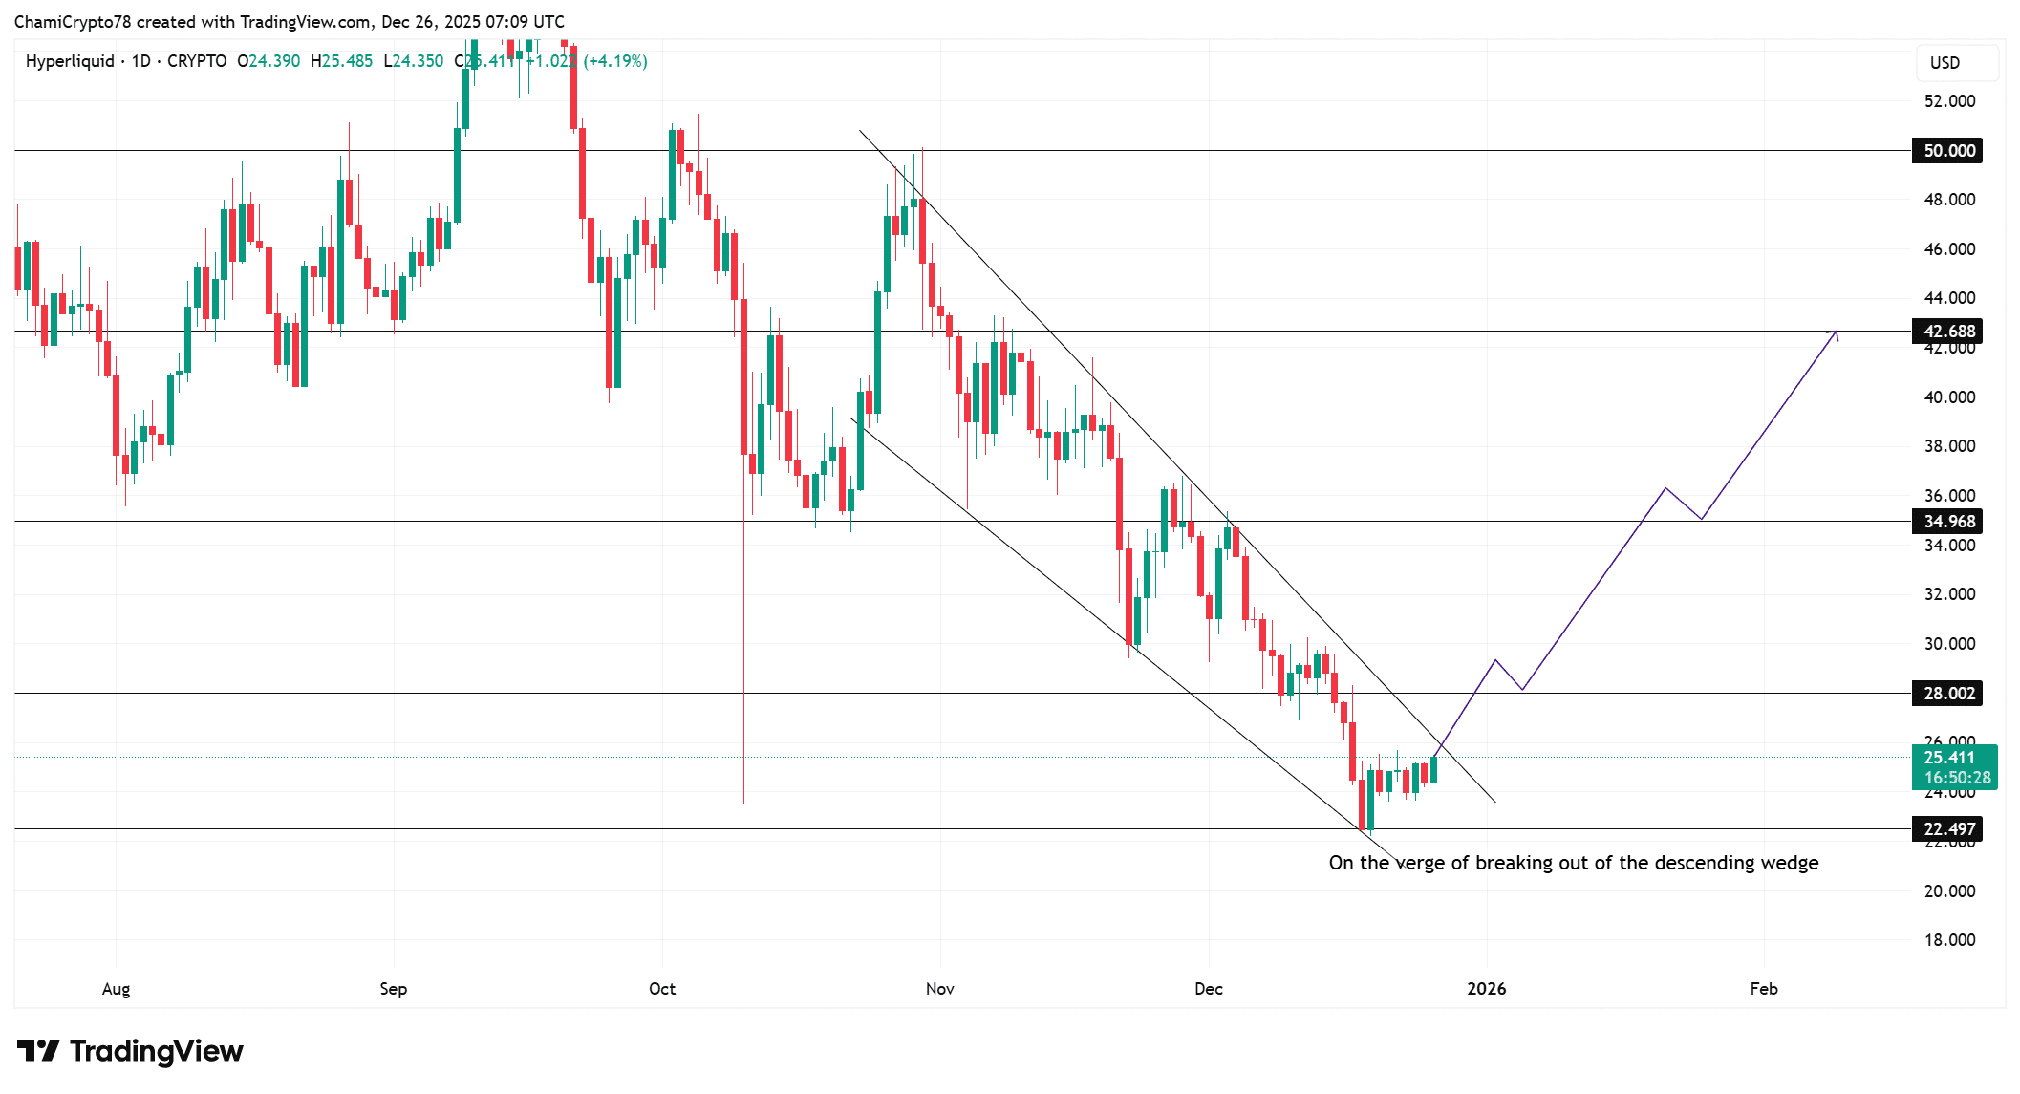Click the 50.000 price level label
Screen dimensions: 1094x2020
click(1947, 151)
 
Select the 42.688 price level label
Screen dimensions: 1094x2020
click(1947, 332)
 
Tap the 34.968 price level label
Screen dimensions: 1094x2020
click(1947, 522)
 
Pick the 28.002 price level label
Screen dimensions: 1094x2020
click(1947, 694)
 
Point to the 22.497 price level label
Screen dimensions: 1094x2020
click(1947, 829)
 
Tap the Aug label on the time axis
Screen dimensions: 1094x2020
click(116, 989)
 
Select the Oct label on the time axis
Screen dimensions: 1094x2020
click(662, 989)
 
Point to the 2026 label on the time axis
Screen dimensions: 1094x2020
click(1486, 989)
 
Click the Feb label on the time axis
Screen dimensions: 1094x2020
click(1764, 989)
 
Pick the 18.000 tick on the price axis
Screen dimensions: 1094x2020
click(1949, 940)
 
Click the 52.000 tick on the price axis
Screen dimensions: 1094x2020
click(1949, 101)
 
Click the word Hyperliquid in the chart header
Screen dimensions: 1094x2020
click(70, 61)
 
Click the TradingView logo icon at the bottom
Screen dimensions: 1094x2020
click(38, 1051)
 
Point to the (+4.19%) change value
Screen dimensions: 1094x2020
click(615, 61)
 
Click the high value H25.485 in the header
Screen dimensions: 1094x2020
click(341, 61)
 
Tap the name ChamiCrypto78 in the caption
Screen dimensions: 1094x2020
click(73, 22)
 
